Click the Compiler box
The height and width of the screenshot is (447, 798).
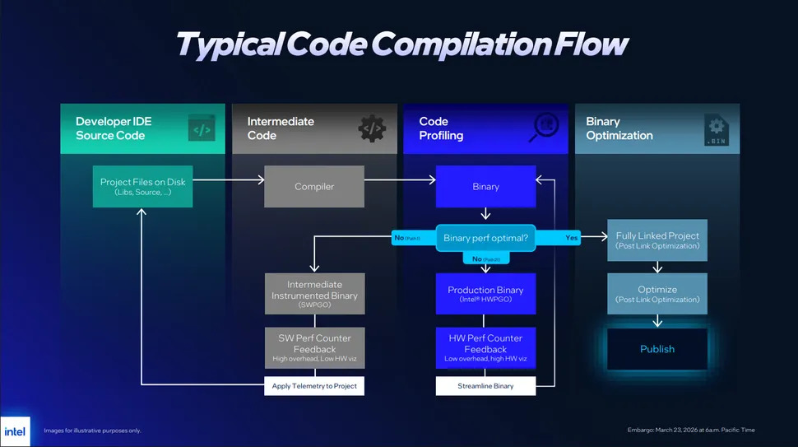(x=314, y=187)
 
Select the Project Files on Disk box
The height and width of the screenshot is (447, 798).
(x=142, y=187)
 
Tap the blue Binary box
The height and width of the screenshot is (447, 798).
(x=485, y=187)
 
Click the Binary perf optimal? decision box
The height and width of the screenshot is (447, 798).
(x=485, y=239)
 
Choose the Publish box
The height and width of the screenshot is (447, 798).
(x=657, y=349)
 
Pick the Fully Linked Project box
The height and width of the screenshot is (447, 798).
(x=657, y=240)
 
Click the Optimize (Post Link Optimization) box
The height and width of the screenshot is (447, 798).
(x=657, y=294)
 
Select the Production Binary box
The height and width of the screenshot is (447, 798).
(x=485, y=294)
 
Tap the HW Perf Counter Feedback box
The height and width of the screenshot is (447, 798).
(x=485, y=348)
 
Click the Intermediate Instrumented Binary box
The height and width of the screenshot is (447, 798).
(x=314, y=294)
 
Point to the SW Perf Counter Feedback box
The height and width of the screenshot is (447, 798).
(x=314, y=348)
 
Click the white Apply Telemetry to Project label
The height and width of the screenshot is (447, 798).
(x=314, y=385)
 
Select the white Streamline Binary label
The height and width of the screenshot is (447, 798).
(x=485, y=385)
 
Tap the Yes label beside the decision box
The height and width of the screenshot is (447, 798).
(x=572, y=238)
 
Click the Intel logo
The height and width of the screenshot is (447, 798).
(x=15, y=431)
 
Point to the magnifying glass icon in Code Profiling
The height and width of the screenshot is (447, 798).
(x=545, y=128)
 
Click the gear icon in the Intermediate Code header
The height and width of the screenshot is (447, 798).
(x=372, y=128)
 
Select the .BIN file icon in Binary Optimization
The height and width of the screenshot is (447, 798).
(x=716, y=129)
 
